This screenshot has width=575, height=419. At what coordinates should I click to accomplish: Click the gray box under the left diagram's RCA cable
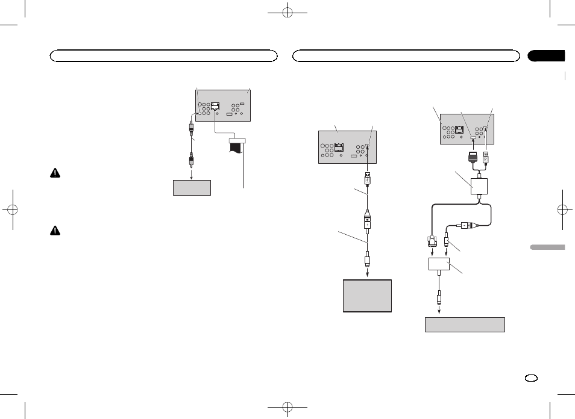(x=192, y=187)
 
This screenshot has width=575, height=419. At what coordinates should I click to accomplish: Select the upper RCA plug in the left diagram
(x=192, y=128)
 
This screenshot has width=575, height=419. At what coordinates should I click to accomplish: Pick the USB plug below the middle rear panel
(x=367, y=178)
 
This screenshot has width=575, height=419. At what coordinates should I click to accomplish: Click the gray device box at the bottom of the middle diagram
(x=367, y=295)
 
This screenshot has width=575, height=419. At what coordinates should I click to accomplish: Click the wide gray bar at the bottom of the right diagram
(x=464, y=324)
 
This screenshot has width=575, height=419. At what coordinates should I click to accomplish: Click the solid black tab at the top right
(x=546, y=56)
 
